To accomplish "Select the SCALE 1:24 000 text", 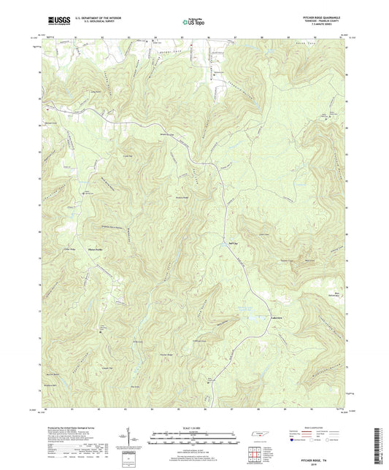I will coord(194,428).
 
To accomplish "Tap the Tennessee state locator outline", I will coord(258,435).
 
